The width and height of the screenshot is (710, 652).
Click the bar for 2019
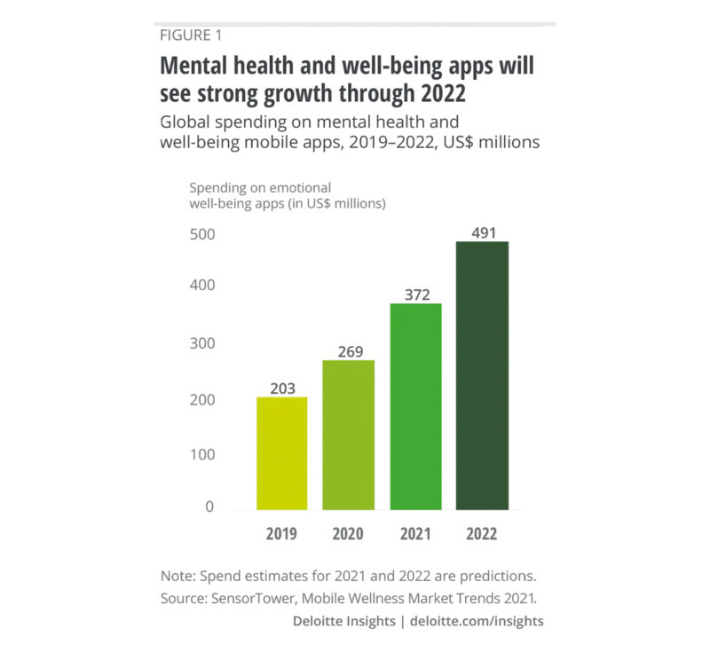point(282,452)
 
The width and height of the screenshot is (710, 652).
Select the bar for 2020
point(349,435)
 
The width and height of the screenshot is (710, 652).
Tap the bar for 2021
point(415,406)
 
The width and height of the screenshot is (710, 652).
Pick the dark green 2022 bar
point(482,375)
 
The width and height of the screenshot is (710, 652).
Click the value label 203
point(282,387)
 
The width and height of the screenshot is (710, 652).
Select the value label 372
point(415,294)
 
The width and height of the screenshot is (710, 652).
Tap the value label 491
point(482,231)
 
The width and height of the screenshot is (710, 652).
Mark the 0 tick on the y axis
point(209,507)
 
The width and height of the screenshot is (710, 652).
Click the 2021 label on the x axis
point(415,534)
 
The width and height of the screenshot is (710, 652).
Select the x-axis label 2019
point(282,534)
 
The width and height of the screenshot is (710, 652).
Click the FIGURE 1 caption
point(191,35)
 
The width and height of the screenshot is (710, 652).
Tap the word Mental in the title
point(191,67)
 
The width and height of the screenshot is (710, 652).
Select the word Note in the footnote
point(177,574)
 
